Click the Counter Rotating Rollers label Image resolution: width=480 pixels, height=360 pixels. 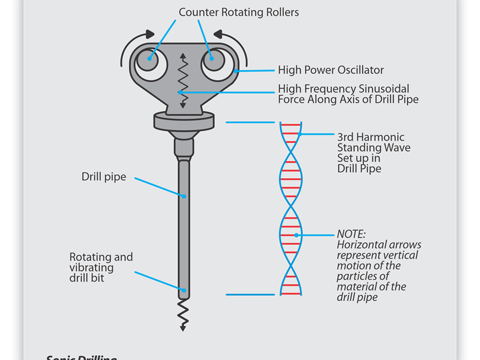239,13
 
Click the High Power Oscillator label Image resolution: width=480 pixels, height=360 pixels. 331,70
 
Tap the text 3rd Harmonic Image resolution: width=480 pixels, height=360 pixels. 371,137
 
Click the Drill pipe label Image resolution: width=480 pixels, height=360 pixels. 104,177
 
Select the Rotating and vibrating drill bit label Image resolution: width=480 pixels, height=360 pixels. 101,268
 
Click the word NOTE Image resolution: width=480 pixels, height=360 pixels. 351,234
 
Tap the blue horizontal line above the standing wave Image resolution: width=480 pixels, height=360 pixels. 244,122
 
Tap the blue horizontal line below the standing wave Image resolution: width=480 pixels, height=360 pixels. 244,294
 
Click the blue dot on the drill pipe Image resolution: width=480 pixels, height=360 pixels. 184,196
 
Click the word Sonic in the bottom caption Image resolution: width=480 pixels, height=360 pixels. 60,357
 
